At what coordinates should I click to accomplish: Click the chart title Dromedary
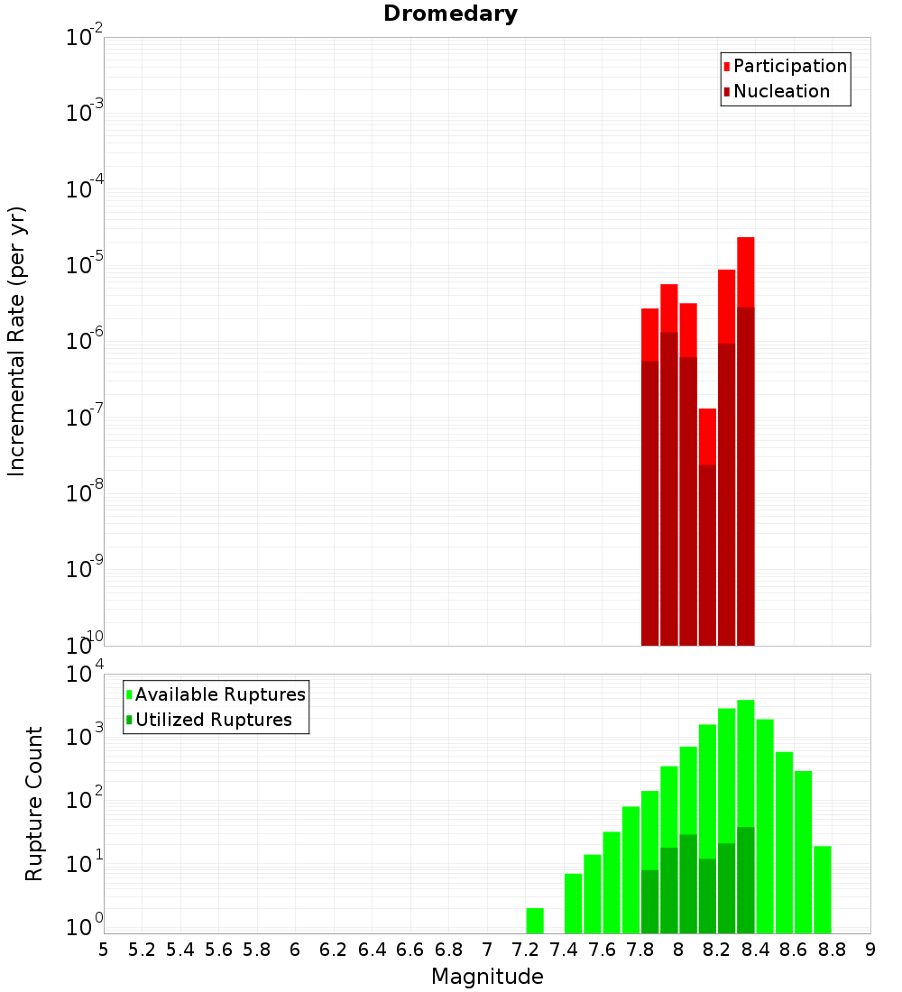click(x=450, y=14)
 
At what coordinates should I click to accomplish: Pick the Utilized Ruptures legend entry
click(x=212, y=720)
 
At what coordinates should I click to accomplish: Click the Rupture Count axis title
click(x=34, y=804)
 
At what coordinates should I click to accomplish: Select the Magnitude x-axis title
click(x=487, y=976)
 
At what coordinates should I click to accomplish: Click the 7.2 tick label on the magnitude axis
click(x=526, y=949)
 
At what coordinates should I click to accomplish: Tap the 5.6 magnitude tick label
click(x=219, y=949)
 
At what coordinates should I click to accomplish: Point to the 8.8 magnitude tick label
click(x=833, y=949)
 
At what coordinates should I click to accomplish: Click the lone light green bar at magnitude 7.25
click(x=535, y=921)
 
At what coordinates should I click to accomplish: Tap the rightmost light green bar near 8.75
click(x=823, y=889)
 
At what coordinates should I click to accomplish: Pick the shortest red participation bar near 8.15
click(x=707, y=436)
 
